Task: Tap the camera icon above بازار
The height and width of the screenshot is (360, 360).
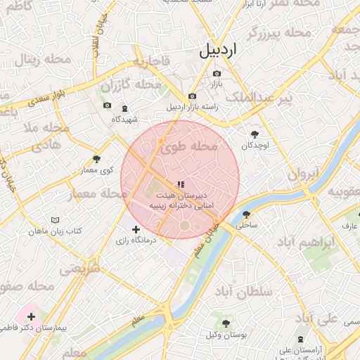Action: click(x=217, y=74)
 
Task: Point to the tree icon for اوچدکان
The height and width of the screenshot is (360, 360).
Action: click(x=255, y=134)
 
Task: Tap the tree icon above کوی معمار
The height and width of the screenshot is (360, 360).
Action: click(x=96, y=159)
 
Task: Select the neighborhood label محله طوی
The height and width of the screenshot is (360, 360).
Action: click(x=189, y=147)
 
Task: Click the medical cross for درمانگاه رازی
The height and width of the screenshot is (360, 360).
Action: click(x=136, y=229)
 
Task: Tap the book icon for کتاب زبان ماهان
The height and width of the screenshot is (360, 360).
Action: click(x=56, y=220)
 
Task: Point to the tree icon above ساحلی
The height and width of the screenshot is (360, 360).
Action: click(x=246, y=214)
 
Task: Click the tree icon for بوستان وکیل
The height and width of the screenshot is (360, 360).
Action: click(x=226, y=323)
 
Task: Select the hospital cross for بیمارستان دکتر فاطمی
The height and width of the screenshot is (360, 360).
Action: click(x=31, y=317)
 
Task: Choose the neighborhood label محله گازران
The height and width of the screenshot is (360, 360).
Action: click(x=129, y=85)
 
